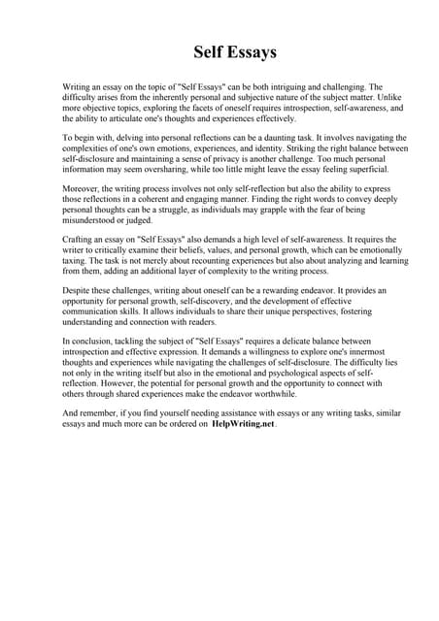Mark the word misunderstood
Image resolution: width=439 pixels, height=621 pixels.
[95, 221]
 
